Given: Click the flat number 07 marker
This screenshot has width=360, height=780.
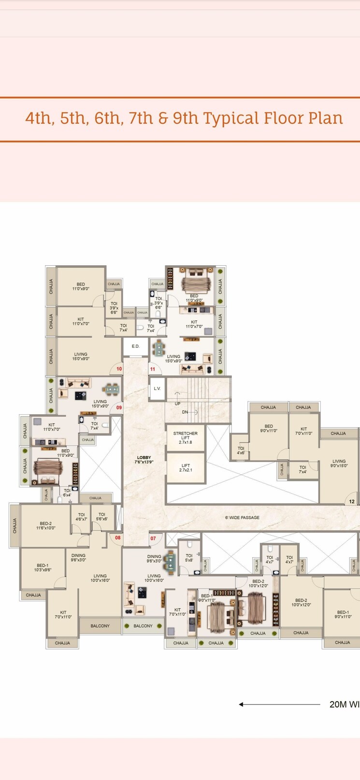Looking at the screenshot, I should click(x=153, y=538).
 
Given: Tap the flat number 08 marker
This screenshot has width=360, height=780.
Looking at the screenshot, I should click(x=117, y=537).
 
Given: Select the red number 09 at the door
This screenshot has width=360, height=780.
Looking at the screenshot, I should click(x=119, y=407).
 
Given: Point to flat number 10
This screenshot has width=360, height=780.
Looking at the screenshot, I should click(x=119, y=369).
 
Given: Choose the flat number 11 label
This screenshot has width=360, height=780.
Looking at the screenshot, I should click(x=153, y=369).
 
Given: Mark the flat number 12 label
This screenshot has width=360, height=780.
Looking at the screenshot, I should click(x=352, y=502).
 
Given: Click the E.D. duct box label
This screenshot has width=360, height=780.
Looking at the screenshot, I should click(x=135, y=346).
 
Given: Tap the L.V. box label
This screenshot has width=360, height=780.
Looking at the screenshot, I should click(x=157, y=389).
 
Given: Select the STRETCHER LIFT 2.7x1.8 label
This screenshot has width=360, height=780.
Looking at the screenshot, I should click(x=186, y=438).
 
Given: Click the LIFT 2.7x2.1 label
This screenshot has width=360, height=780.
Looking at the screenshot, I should click(x=186, y=468).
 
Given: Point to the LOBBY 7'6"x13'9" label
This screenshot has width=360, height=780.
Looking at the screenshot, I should click(x=144, y=460).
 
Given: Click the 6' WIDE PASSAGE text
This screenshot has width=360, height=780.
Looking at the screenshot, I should click(x=242, y=518).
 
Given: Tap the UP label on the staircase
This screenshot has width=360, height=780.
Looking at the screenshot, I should click(x=178, y=404).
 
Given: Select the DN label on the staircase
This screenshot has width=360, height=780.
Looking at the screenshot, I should click(x=185, y=412).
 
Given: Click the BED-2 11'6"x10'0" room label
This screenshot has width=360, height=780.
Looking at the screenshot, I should click(x=45, y=526).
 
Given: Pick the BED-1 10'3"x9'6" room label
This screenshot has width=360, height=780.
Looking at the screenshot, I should click(x=43, y=567).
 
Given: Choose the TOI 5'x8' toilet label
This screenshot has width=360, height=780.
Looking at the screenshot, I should click(x=189, y=558).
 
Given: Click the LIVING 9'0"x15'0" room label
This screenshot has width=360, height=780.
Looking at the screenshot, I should click(x=339, y=463).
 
